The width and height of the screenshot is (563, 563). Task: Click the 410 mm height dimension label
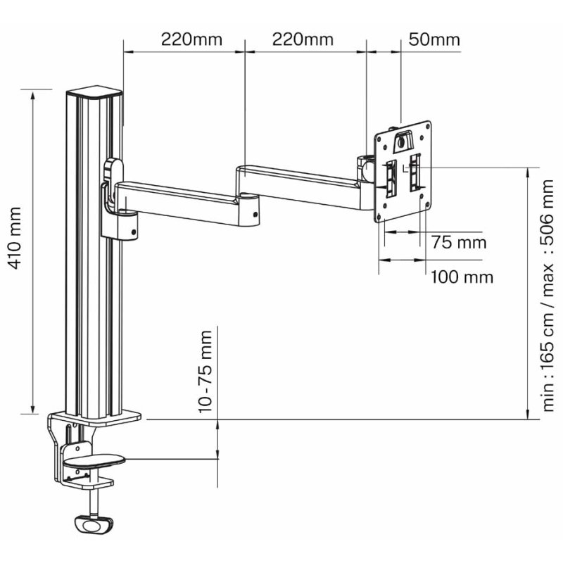click(15, 238)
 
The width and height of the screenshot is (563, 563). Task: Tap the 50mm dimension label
click(434, 39)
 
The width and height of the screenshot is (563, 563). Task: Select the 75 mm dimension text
click(459, 242)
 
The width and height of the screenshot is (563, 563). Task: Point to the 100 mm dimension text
click(462, 277)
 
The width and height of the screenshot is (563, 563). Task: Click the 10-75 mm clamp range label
click(205, 372)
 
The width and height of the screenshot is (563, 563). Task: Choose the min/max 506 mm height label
click(548, 295)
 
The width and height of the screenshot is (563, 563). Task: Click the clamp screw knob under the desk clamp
click(94, 525)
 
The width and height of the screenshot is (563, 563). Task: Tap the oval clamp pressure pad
click(94, 460)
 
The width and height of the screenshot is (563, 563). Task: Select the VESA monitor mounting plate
click(403, 171)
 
